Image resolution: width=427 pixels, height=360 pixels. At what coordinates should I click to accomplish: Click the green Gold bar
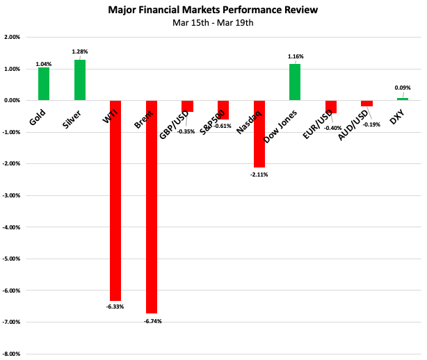[x=44, y=84]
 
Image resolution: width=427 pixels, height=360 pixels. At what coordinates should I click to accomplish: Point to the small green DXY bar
[x=403, y=99]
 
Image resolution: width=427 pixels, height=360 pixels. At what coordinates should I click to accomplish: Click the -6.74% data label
[x=152, y=321]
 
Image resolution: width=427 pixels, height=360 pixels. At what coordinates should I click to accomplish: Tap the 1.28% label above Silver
[x=81, y=52]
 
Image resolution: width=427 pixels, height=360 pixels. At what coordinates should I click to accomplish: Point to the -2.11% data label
[x=258, y=174]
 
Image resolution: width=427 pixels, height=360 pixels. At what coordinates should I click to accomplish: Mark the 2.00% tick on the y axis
[x=12, y=38]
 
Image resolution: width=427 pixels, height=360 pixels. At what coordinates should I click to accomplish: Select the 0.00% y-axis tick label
[x=12, y=101]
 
